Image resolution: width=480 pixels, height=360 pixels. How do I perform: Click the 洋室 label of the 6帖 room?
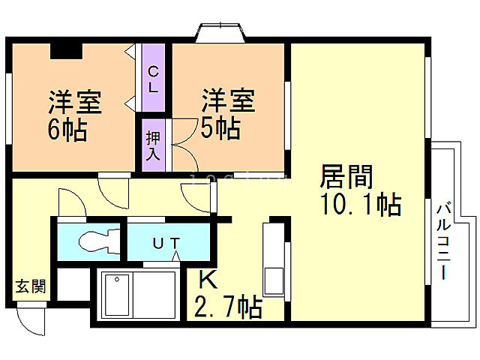(x=75, y=102)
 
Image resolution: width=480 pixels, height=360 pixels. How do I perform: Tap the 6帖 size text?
(x=67, y=129)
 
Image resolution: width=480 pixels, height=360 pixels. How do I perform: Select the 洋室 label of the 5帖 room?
(x=228, y=100)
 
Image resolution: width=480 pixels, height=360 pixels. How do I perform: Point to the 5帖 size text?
(x=220, y=127)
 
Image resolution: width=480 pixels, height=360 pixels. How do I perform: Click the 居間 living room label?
(x=346, y=177)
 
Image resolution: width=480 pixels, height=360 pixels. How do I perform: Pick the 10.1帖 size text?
(x=361, y=203)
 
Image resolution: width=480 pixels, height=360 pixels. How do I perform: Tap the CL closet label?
(x=153, y=79)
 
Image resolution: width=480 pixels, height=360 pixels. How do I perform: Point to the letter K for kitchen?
(x=208, y=280)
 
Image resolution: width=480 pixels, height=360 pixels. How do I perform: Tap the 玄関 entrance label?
(x=31, y=286)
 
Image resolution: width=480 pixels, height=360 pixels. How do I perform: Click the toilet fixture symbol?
(x=95, y=241)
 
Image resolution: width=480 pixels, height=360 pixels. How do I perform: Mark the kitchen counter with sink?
(x=273, y=259)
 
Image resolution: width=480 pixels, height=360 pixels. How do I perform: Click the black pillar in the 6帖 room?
(x=66, y=51)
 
